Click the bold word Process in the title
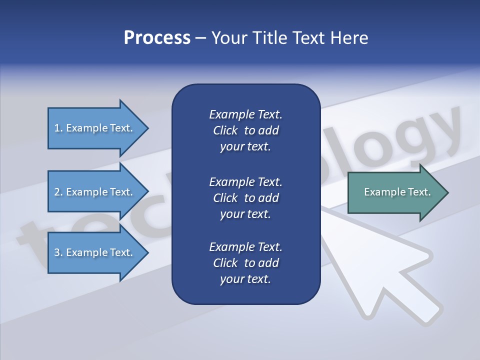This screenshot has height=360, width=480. click(x=157, y=38)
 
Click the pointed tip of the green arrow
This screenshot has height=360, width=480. click(x=446, y=192)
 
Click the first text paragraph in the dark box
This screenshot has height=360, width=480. click(x=245, y=130)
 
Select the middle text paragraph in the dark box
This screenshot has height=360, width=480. click(x=245, y=197)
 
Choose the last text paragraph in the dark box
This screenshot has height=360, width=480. click(x=245, y=263)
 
